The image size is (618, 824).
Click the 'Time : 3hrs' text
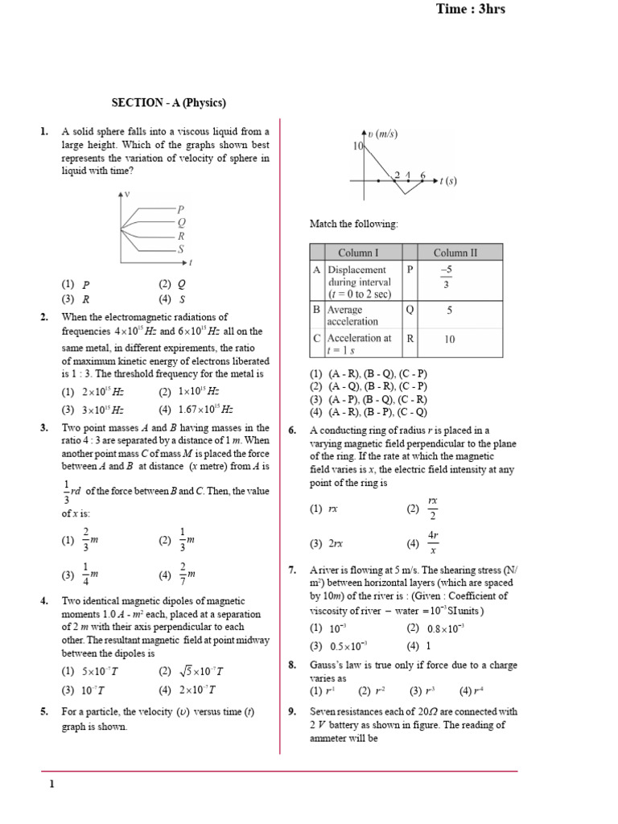click(x=470, y=10)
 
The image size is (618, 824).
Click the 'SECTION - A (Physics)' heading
click(x=168, y=103)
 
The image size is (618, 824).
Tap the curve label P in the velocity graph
click(x=181, y=209)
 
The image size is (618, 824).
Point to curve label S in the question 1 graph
click(x=181, y=249)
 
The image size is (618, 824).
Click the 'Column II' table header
click(x=455, y=253)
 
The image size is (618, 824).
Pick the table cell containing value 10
click(x=449, y=340)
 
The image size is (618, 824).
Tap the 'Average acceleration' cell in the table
click(x=353, y=315)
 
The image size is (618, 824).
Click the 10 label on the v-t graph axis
click(x=358, y=146)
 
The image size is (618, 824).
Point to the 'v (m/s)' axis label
click(x=383, y=134)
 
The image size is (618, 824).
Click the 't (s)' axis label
click(x=447, y=181)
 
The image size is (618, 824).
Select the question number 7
click(x=293, y=570)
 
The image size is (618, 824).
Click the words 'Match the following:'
click(x=353, y=223)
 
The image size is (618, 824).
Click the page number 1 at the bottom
click(x=51, y=785)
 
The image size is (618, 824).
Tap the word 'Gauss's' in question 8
click(x=328, y=665)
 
